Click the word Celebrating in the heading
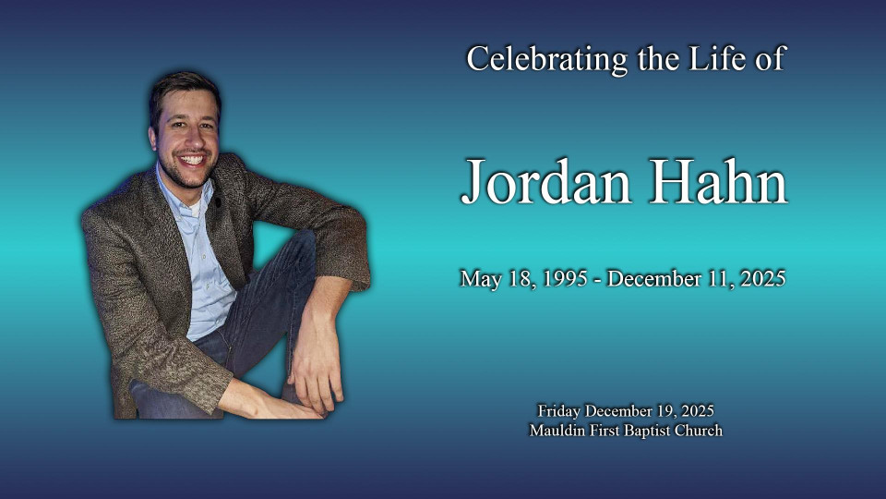[x=547, y=59]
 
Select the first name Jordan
[x=545, y=183]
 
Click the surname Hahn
[x=718, y=181]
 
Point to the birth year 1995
[x=565, y=279]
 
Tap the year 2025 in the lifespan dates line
[x=763, y=279]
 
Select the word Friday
[x=559, y=411]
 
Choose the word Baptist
[x=646, y=432]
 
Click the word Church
[x=698, y=431]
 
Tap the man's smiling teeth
[x=192, y=160]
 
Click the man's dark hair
[x=184, y=91]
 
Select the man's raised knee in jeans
[x=299, y=249]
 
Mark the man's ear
[x=152, y=139]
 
